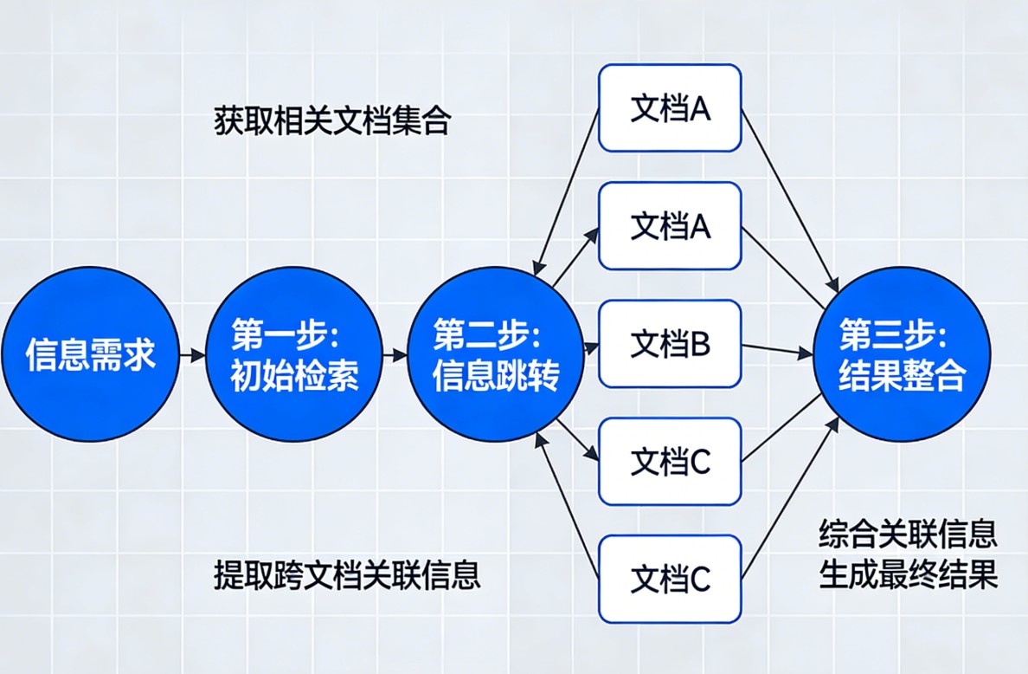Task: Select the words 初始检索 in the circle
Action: tap(294, 377)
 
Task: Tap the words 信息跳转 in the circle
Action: tap(496, 377)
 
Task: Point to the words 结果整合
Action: tap(902, 377)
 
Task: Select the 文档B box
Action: tap(670, 344)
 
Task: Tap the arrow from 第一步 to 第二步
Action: tap(395, 354)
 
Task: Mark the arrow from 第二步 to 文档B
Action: tap(591, 348)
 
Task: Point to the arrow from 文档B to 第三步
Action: tap(777, 350)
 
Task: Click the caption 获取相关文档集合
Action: tap(332, 121)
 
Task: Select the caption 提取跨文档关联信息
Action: tap(347, 575)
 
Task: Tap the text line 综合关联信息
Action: tap(908, 535)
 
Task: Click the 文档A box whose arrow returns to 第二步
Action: tap(670, 108)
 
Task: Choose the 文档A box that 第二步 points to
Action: tap(670, 225)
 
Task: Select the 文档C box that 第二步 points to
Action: tap(670, 461)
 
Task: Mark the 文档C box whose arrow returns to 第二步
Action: tap(670, 578)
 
